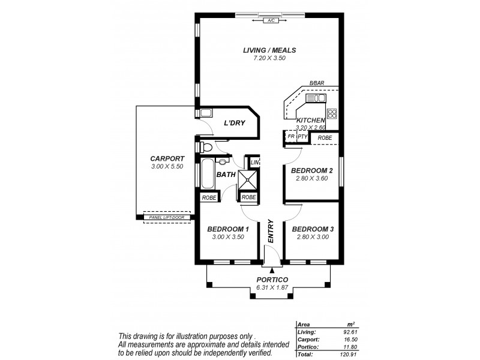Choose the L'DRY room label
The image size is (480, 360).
(x=233, y=123)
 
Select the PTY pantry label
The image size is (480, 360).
(x=303, y=137)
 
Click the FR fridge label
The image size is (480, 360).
(x=290, y=137)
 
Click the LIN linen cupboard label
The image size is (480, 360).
(x=254, y=162)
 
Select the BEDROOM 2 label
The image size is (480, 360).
(x=311, y=170)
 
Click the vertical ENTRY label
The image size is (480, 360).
(x=271, y=231)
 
